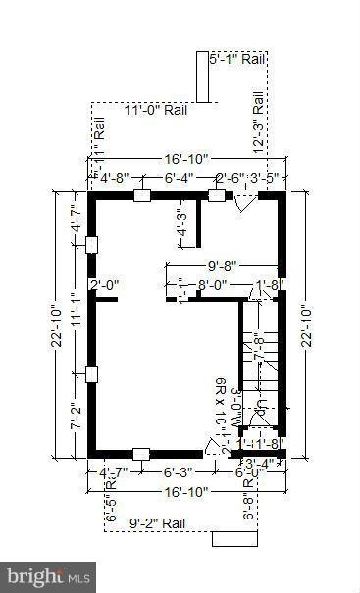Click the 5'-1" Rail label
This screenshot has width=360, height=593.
coord(238,60)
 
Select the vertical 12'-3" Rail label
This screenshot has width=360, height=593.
coord(258,123)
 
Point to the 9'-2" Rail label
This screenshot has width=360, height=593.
coord(158,523)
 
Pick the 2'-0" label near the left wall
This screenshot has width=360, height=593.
coord(104,286)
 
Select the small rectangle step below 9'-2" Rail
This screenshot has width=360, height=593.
coord(234,538)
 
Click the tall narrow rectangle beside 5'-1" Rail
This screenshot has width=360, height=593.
coord(203,76)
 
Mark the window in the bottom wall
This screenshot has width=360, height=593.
coord(140,453)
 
